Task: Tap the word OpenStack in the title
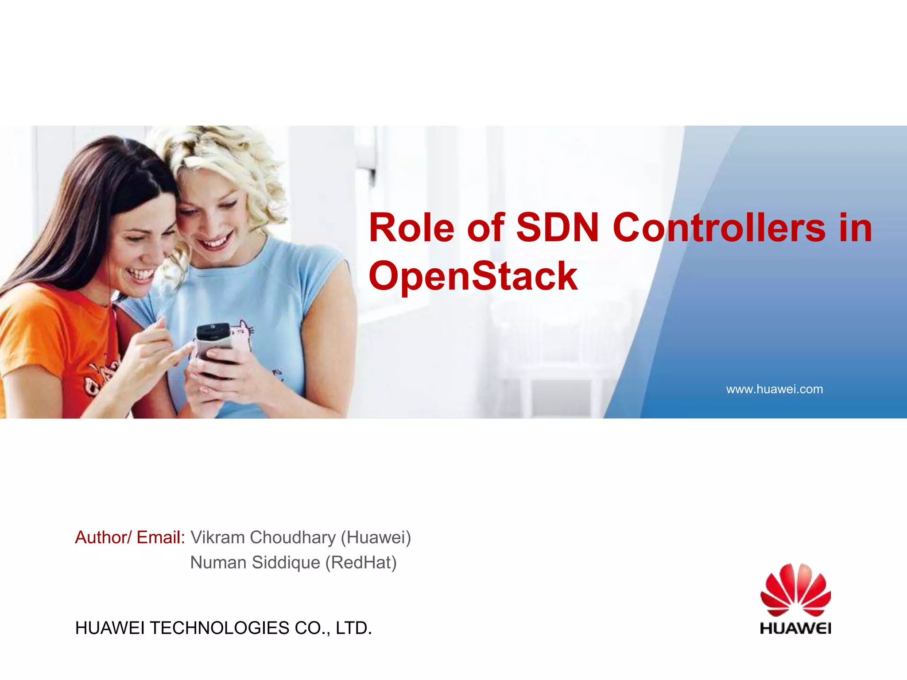point(473,276)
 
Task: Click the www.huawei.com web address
point(774,389)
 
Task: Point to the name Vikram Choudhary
point(263,537)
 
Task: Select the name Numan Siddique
point(255,563)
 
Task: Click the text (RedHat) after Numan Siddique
point(361,563)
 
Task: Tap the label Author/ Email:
point(130,537)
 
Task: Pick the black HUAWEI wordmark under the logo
point(795,628)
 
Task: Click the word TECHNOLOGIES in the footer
point(219,628)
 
